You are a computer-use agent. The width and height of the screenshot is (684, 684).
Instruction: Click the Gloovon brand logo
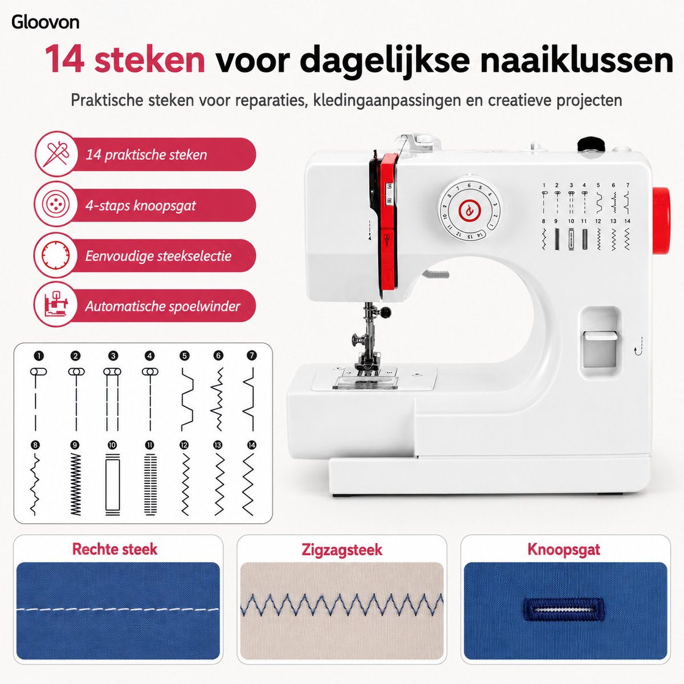click(x=45, y=22)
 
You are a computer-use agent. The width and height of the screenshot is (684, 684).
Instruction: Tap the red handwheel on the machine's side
click(x=661, y=221)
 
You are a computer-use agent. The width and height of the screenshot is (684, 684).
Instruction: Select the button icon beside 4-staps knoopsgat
click(x=56, y=205)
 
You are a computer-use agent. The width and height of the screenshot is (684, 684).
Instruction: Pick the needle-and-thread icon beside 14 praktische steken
click(x=56, y=154)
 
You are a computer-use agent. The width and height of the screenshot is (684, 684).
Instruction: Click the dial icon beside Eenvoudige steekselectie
click(x=55, y=255)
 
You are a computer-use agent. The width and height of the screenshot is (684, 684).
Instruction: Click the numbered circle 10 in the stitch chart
click(x=112, y=445)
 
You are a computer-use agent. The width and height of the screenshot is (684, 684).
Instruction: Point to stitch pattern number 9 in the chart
click(x=75, y=484)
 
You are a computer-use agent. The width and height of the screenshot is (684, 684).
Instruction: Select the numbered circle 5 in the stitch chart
click(x=184, y=356)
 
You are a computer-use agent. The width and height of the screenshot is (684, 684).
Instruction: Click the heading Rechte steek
click(x=115, y=549)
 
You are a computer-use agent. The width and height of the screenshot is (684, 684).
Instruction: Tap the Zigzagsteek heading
click(x=342, y=549)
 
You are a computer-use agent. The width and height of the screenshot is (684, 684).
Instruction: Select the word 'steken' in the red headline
click(x=149, y=59)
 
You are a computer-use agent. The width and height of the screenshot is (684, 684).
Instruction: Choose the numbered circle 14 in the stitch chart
click(x=252, y=445)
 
